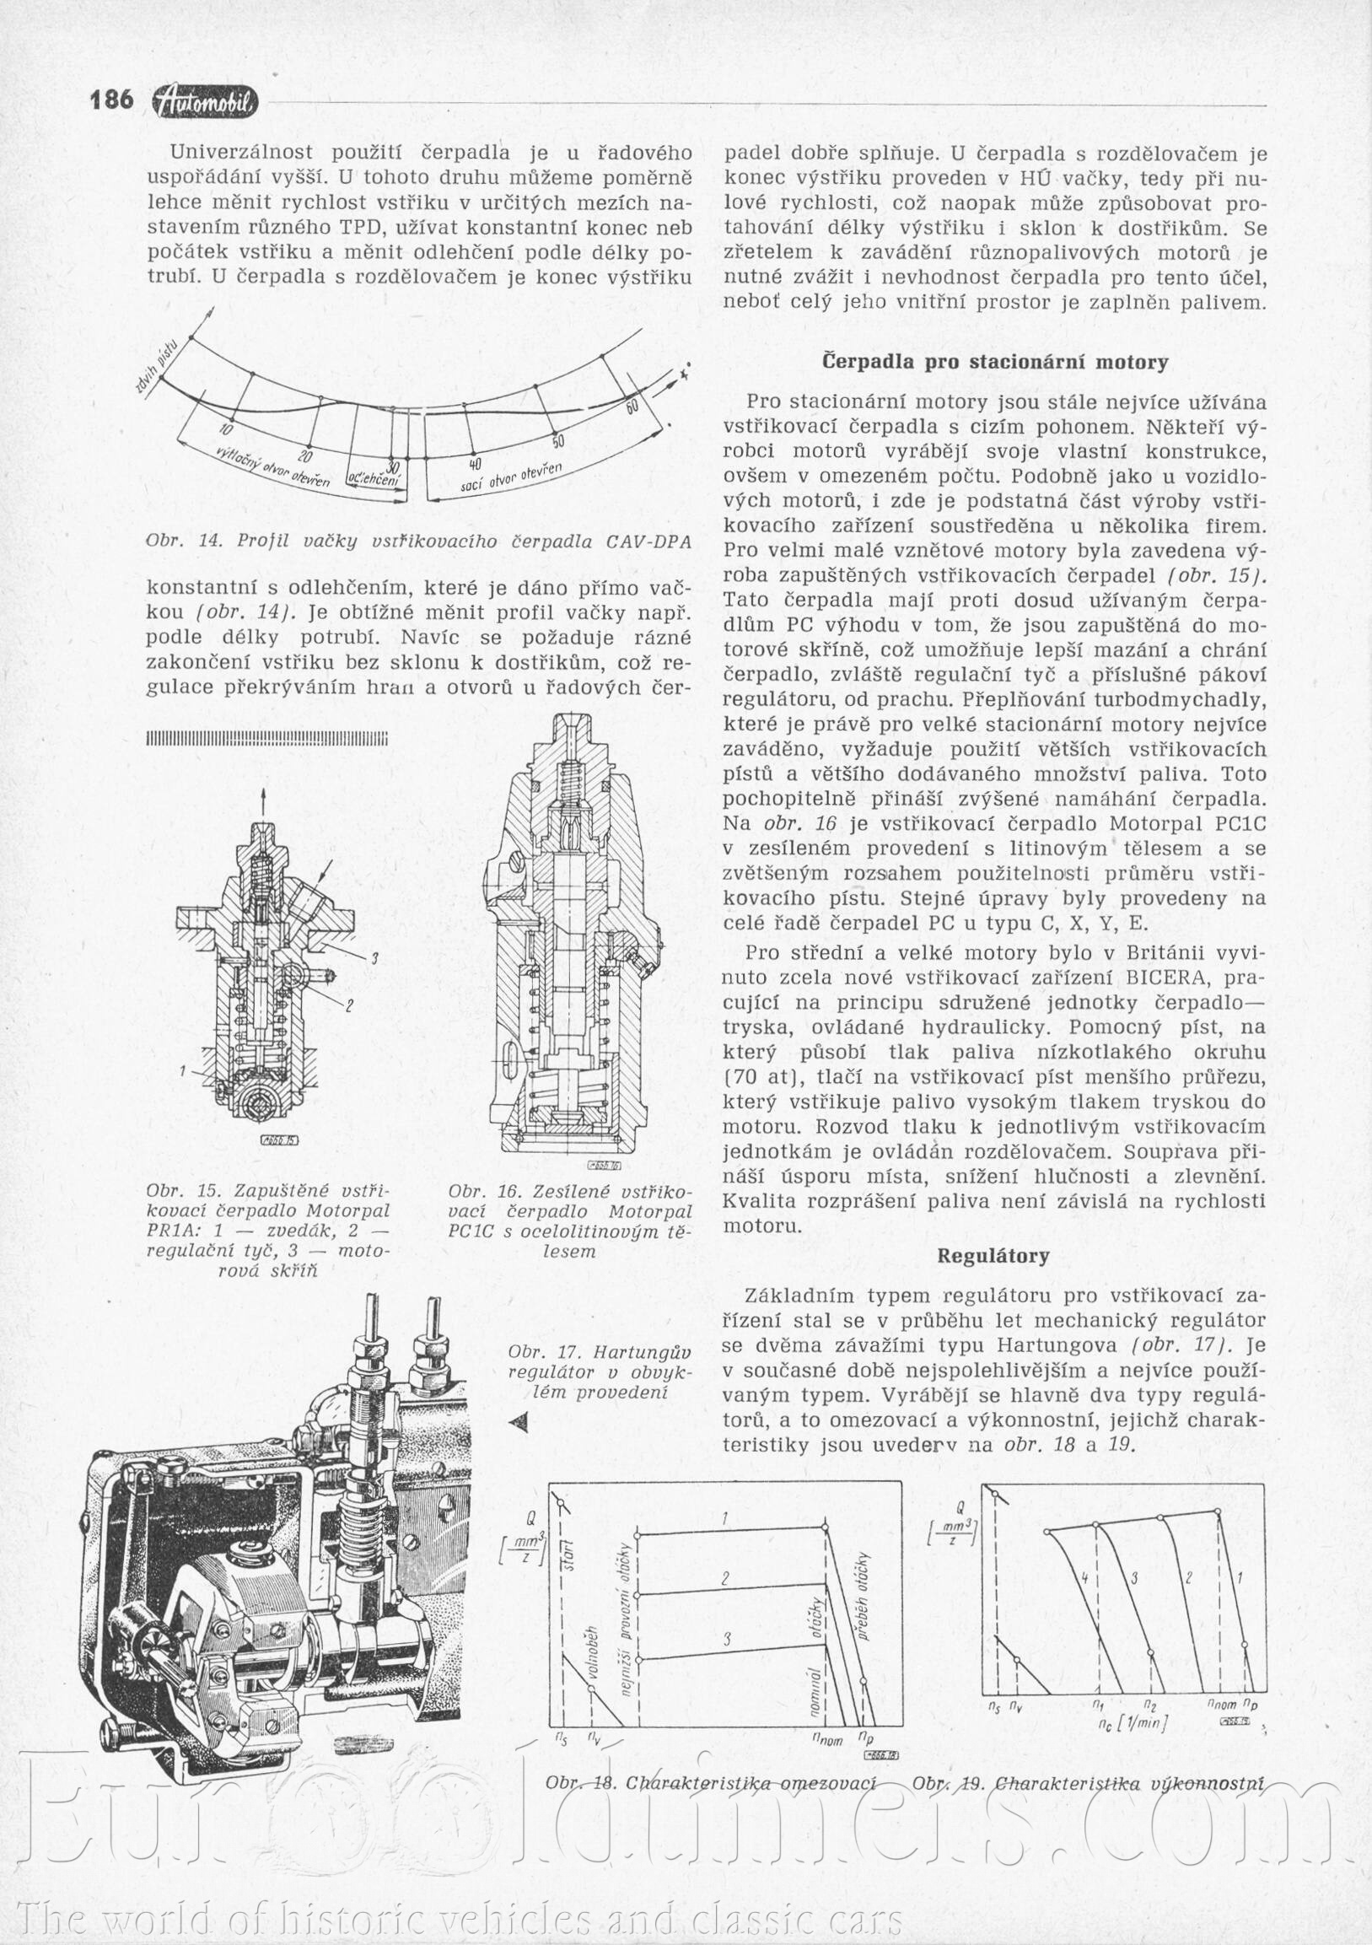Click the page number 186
coord(112,100)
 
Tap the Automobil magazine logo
coord(205,102)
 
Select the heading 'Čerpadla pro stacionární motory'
coord(995,363)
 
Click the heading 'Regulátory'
coord(993,1255)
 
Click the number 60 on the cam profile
coord(632,407)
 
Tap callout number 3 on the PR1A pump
coord(373,958)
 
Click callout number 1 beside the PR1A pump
coord(182,1071)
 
